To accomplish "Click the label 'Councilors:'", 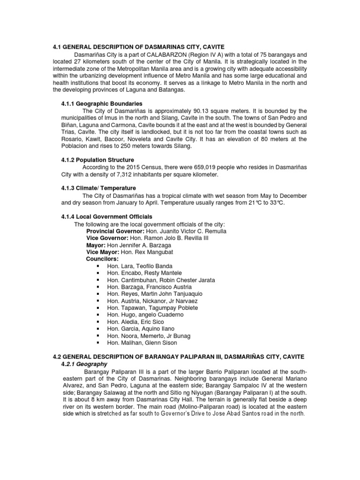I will point(102,259).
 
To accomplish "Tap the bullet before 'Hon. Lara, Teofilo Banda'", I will point(98,266).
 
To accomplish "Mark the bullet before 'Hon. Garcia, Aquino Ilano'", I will point(98,329).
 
